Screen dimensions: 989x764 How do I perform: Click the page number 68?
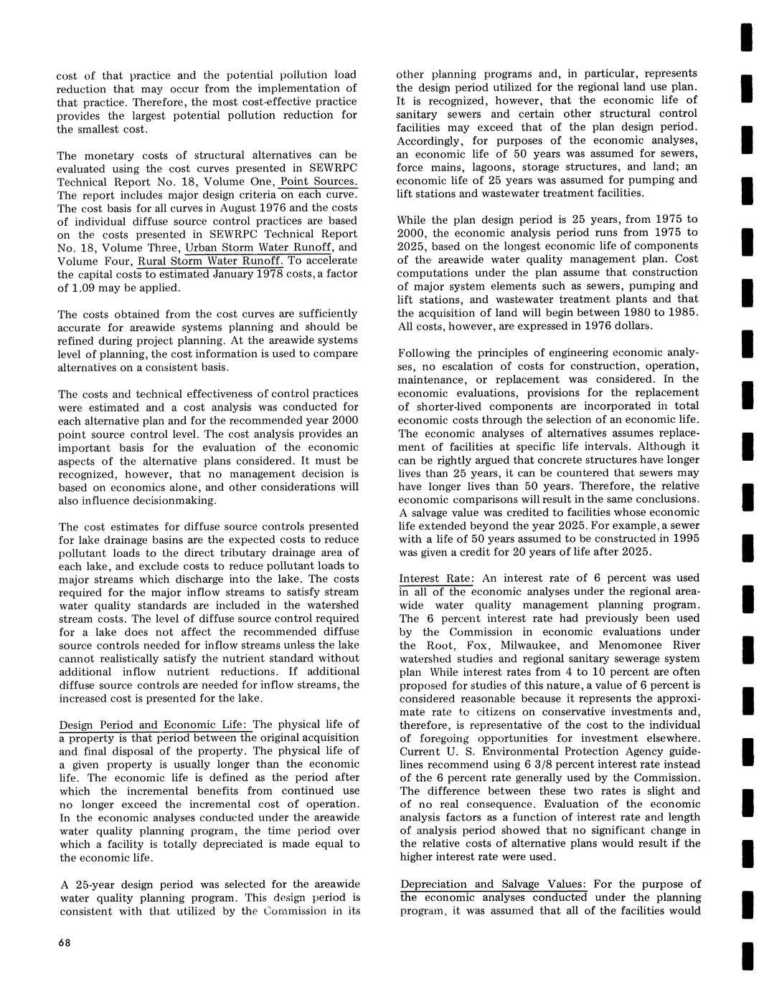pos(65,942)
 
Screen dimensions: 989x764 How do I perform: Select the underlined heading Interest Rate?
pos(435,578)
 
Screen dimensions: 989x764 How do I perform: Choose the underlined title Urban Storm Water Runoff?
pos(258,248)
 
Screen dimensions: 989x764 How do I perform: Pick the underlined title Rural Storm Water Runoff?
pos(212,261)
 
